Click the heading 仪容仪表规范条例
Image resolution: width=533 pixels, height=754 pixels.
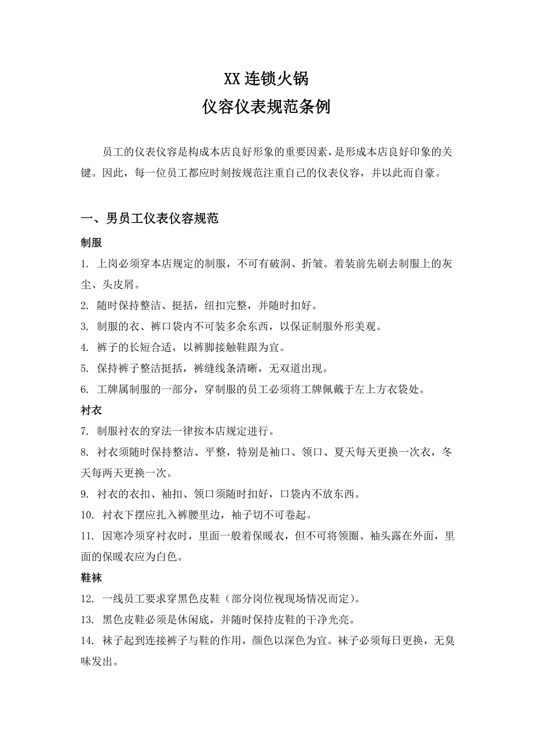266,107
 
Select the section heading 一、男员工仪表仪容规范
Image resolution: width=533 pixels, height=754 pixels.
149,219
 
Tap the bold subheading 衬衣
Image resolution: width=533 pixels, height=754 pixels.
92,410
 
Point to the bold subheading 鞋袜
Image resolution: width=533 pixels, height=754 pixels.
92,577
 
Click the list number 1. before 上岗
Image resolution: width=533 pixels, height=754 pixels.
85,264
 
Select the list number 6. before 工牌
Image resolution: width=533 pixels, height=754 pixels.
85,389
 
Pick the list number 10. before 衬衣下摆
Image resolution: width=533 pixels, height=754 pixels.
87,515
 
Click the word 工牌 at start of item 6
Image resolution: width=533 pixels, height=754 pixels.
107,389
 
